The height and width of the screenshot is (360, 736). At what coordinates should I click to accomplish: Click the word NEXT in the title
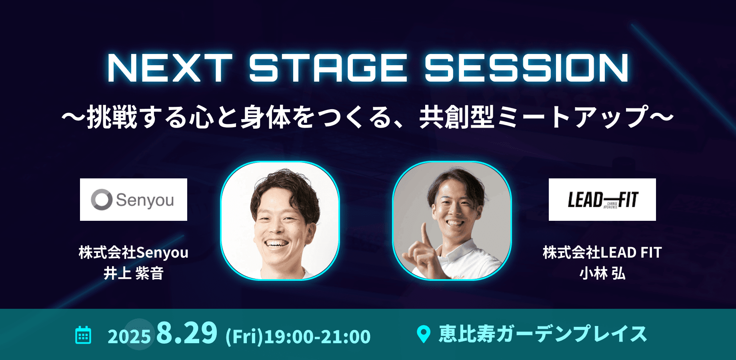(169, 68)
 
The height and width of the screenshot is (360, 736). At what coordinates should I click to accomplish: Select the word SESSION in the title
(526, 68)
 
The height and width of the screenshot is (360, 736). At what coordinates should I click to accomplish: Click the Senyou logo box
(134, 200)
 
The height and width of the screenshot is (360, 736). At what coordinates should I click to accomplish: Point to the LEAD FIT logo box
(602, 200)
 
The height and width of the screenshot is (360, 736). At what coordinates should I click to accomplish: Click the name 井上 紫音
(134, 274)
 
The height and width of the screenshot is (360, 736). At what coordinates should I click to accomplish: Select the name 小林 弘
(602, 274)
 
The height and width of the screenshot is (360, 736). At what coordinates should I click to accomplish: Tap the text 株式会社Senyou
(134, 252)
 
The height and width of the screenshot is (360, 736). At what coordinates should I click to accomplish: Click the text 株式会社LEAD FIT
(602, 252)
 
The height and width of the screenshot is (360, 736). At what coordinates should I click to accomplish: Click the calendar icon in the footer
(83, 335)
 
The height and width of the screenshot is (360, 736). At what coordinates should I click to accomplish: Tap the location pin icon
(423, 334)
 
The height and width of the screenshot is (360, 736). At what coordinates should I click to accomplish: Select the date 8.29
(187, 333)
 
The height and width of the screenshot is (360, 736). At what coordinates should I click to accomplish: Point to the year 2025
(129, 337)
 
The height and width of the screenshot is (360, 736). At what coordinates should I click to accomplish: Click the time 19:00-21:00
(317, 337)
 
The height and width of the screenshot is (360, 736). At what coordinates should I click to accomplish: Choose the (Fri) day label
(244, 337)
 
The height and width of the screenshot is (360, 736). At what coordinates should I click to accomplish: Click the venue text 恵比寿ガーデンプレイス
(543, 334)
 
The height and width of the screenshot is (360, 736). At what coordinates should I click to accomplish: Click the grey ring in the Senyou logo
(102, 200)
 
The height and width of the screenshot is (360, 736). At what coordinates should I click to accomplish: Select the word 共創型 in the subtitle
(457, 117)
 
